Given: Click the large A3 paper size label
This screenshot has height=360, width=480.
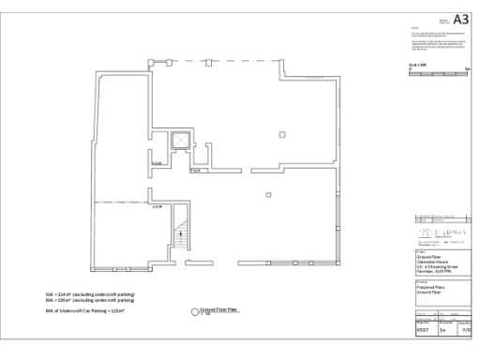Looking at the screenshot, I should [459, 20].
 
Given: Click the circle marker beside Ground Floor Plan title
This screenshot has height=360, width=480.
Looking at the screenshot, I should [197, 310].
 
